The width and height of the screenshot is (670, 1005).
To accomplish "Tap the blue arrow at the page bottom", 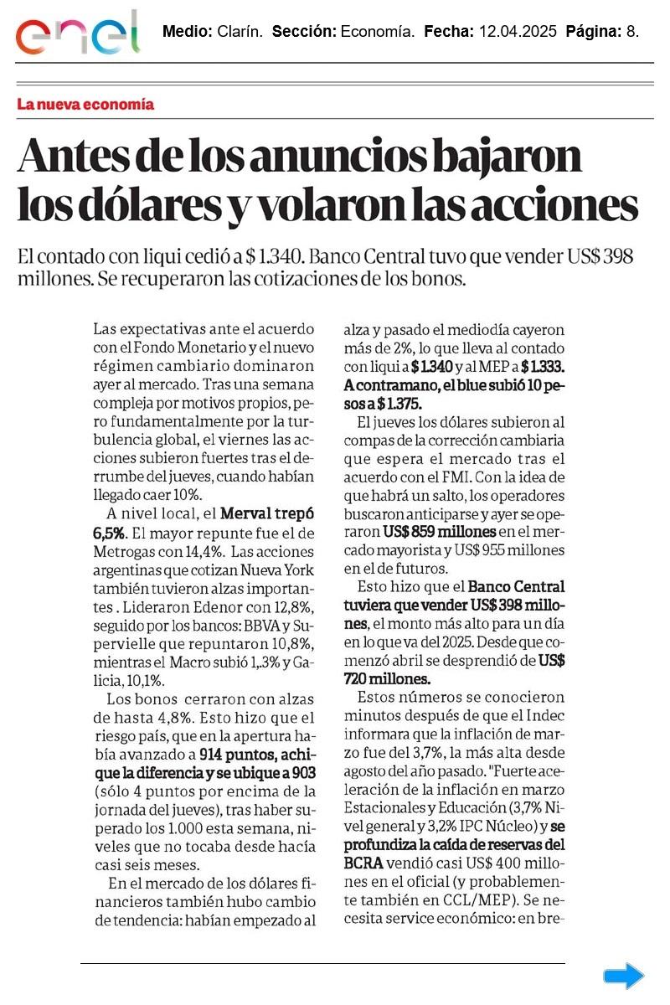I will (624, 976).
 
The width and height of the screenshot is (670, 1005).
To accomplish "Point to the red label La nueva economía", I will (85, 105).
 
